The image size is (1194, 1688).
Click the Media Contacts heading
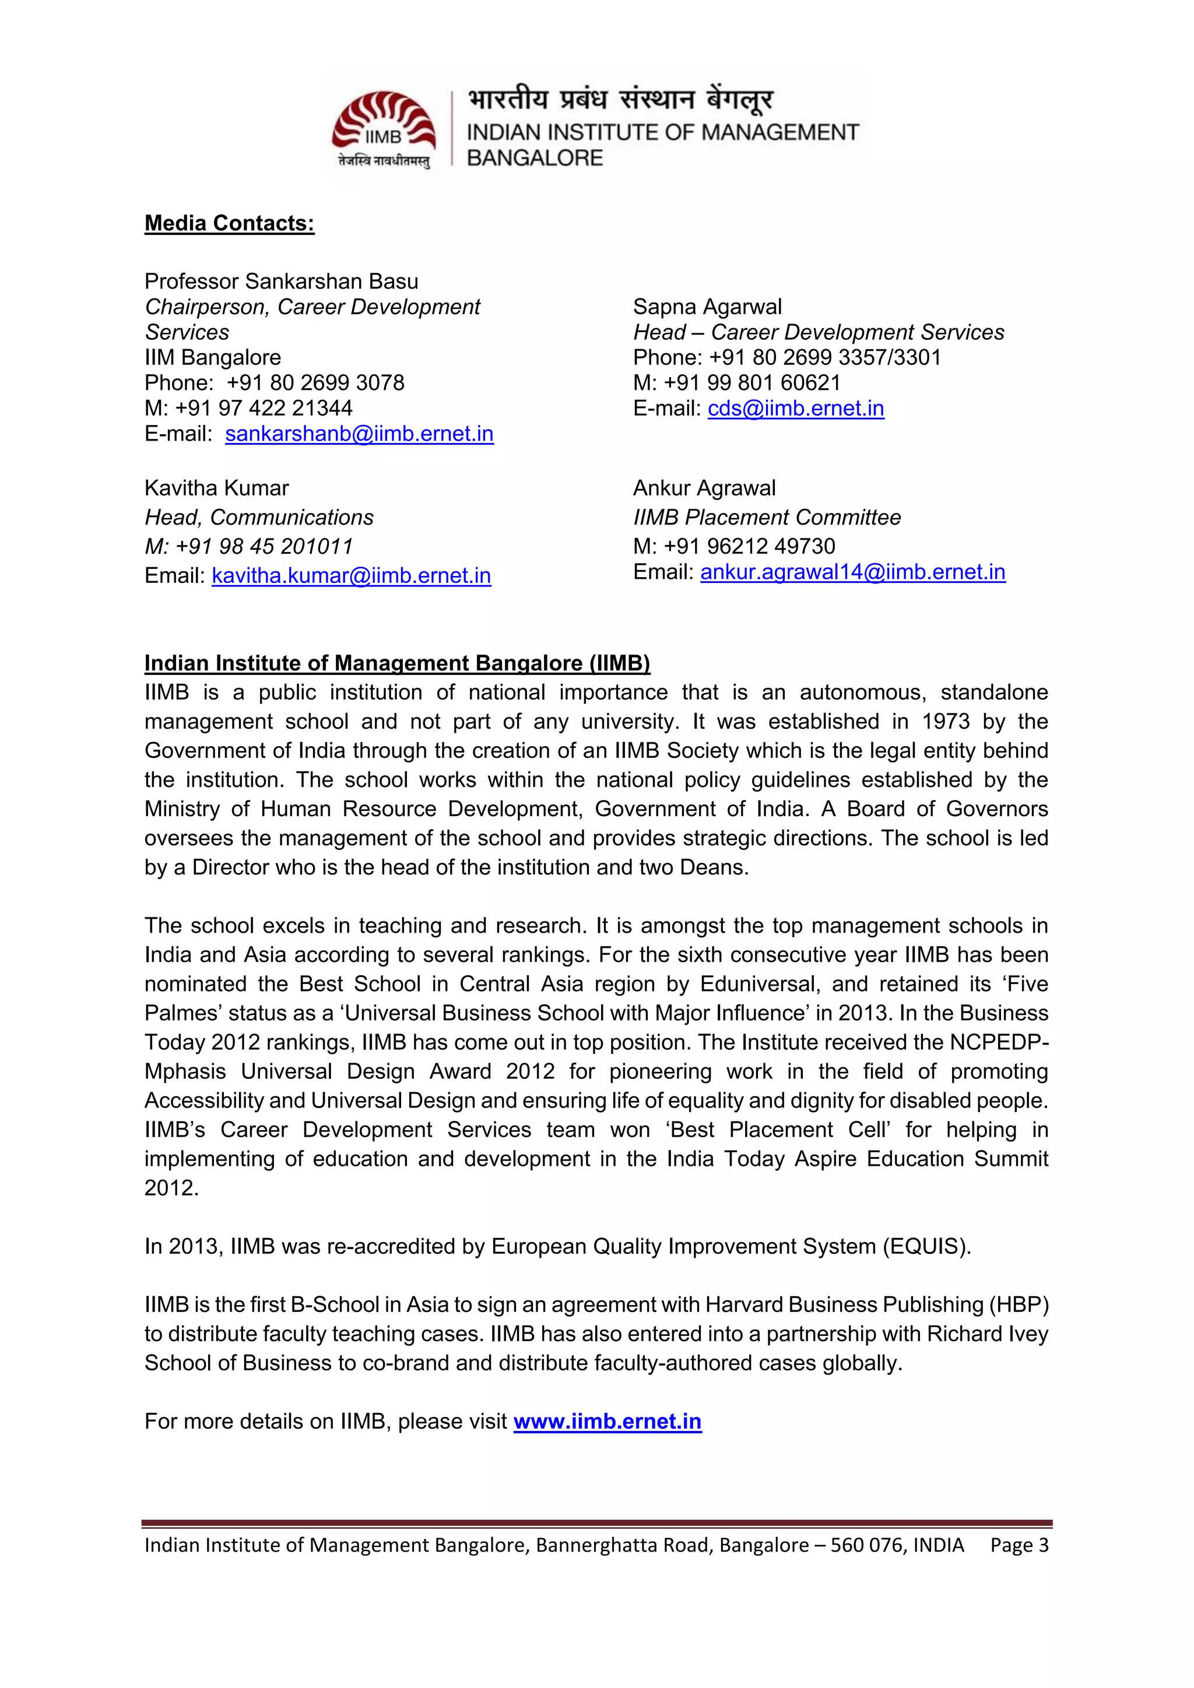tap(229, 223)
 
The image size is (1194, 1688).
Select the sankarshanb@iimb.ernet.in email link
tap(359, 434)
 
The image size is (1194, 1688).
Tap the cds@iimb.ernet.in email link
tap(795, 408)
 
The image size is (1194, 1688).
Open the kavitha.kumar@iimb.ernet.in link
tap(351, 576)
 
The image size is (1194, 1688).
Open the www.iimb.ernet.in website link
tap(607, 1421)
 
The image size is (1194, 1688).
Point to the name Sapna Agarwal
tap(707, 307)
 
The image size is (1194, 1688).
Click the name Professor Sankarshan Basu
tap(281, 281)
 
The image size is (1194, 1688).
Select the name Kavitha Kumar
tap(216, 488)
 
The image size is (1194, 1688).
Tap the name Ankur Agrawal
tap(704, 488)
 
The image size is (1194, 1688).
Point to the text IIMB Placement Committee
tap(767, 518)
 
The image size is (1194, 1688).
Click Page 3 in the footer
tap(1019, 1545)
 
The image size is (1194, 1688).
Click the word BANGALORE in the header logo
tap(535, 158)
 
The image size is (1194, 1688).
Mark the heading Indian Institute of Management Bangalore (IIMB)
tap(397, 663)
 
